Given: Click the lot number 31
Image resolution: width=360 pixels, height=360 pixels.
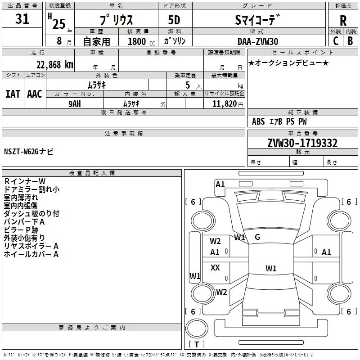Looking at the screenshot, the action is (x=22, y=19).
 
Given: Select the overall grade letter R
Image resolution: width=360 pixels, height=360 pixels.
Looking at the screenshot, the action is (x=343, y=21).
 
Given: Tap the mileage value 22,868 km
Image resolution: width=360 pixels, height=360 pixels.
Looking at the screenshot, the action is (x=55, y=65).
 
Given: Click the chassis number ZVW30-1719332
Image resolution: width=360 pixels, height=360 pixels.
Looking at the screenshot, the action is (x=302, y=143).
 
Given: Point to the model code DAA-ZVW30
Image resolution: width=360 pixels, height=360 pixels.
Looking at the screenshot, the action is (x=258, y=41).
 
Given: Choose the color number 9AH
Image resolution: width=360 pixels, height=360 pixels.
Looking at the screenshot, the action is (x=75, y=104).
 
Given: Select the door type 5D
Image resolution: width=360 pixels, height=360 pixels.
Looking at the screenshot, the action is (x=174, y=20).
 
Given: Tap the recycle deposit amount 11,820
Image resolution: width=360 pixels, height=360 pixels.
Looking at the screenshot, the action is (x=225, y=104).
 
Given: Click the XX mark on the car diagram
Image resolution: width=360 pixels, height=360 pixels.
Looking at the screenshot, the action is (x=215, y=267).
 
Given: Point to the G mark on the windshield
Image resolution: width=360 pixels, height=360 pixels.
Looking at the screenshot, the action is (x=257, y=237).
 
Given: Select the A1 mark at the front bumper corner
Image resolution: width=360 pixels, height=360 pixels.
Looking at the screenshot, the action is (x=220, y=184).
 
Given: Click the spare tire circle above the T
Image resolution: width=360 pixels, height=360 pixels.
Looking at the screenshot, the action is (x=197, y=328).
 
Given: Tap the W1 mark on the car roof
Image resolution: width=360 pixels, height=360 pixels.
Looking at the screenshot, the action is (x=271, y=268).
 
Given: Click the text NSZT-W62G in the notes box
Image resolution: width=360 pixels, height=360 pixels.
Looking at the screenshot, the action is (x=21, y=152).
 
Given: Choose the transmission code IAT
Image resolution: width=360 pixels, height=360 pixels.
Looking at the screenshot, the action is (x=13, y=94).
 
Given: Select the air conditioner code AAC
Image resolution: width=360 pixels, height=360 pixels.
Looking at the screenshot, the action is (x=35, y=94).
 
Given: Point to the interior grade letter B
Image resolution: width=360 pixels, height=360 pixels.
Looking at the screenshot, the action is (x=350, y=41).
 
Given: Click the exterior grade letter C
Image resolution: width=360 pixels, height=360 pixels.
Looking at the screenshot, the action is (x=336, y=41).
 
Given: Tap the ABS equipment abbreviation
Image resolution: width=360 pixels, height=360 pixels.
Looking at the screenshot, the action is (x=258, y=121).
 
